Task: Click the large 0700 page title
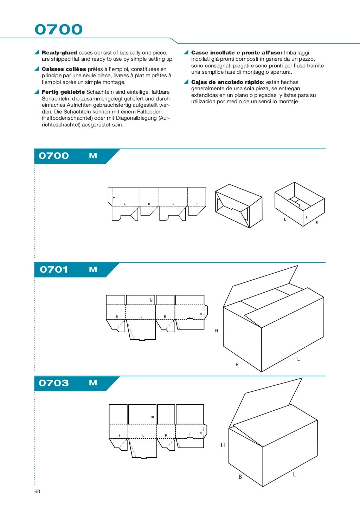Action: [x=58, y=30]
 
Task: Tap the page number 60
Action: [x=37, y=491]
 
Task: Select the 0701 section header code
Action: [x=54, y=269]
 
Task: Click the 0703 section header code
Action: [x=54, y=383]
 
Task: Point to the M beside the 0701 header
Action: [x=93, y=269]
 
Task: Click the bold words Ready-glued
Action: [x=59, y=53]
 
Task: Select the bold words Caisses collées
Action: [x=64, y=69]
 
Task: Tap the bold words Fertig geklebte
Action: [x=63, y=92]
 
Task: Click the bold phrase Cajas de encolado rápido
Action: [x=227, y=82]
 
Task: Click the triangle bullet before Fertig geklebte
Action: [x=37, y=92]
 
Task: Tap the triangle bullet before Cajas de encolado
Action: [x=186, y=82]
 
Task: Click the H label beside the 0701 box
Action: [x=216, y=331]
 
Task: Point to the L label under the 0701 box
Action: [x=298, y=359]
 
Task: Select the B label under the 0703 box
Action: [x=240, y=477]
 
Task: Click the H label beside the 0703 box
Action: [x=223, y=445]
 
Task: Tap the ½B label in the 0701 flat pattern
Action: [x=151, y=300]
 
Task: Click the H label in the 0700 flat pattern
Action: [x=114, y=198]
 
